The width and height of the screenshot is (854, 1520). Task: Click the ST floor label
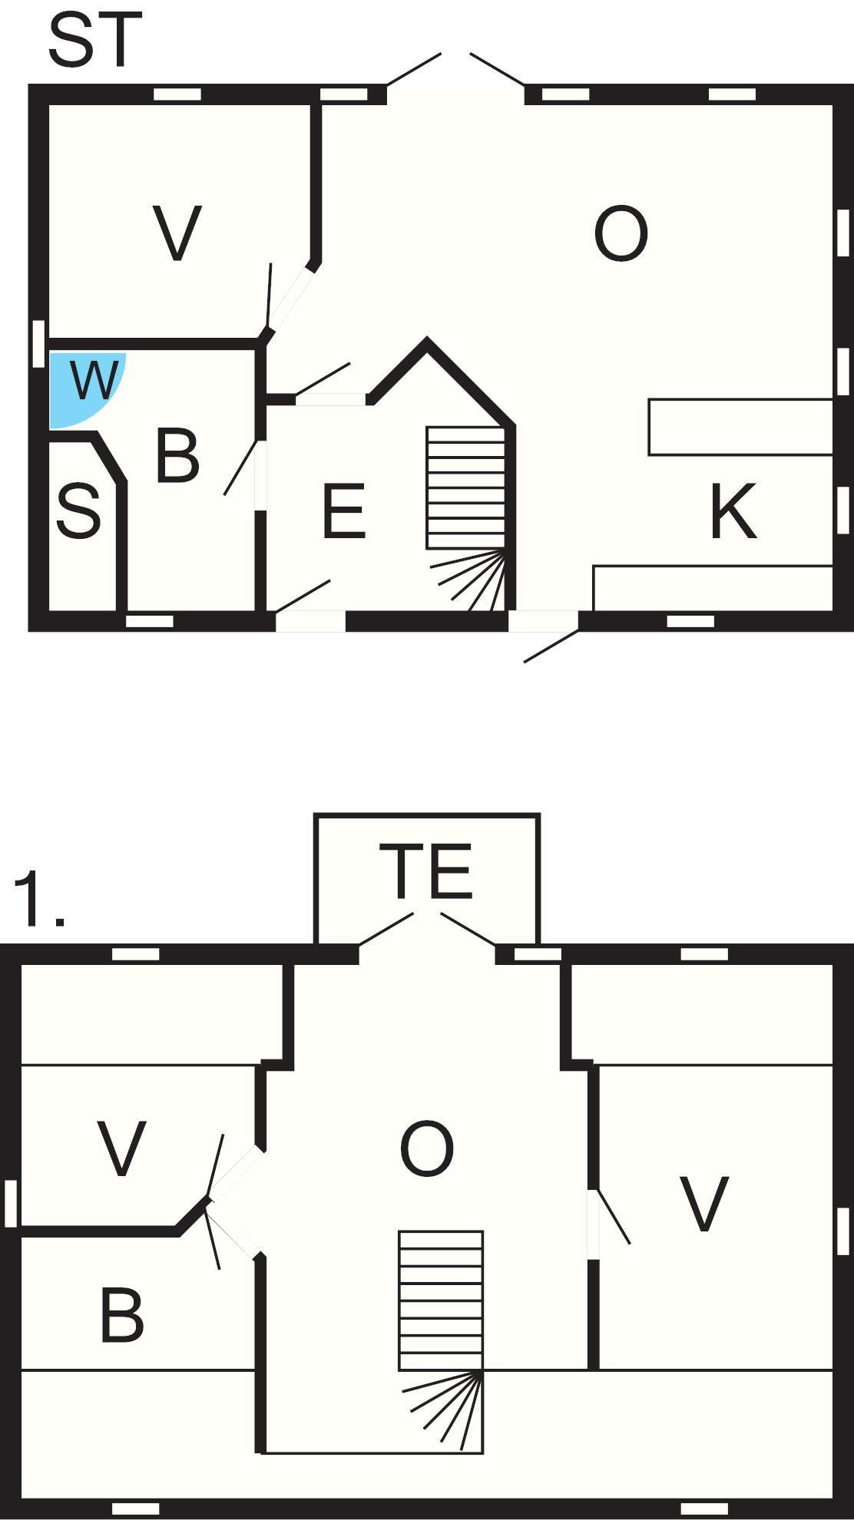95,40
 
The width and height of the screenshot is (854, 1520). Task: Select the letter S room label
78,511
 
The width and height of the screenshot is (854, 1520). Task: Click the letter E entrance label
343,511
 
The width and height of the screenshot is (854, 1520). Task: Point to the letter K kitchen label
733,511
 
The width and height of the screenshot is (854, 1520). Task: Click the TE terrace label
426,871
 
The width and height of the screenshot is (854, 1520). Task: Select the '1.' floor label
38,898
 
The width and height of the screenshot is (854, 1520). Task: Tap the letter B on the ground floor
177,456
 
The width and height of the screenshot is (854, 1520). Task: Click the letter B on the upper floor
122,1315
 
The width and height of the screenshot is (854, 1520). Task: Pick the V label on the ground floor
177,233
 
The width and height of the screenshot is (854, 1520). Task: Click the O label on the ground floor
621,233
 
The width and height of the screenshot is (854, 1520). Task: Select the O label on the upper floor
427,1148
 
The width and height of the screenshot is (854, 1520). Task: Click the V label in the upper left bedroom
122,1148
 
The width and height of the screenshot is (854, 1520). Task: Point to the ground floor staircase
466,519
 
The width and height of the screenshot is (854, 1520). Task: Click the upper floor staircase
441,1342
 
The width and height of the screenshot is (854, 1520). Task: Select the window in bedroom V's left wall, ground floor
39,343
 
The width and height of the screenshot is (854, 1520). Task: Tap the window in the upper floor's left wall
11,1203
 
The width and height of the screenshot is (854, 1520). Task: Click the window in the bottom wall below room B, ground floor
150,621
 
